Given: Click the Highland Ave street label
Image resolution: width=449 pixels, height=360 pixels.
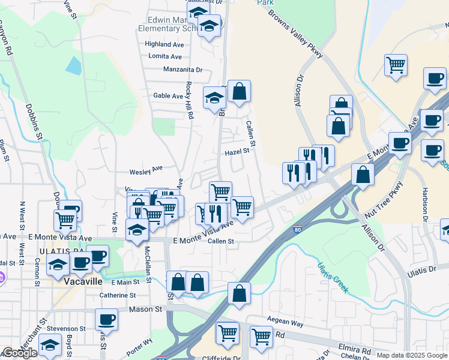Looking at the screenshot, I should (164, 44).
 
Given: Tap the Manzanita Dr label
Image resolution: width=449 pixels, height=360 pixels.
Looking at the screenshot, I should (183, 70).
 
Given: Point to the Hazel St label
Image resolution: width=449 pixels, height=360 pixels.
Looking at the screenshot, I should (237, 152).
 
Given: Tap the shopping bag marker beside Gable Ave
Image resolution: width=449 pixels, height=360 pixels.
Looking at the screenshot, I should (239, 92).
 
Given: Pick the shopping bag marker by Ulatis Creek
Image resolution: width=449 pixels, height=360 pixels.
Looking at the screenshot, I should (239, 293).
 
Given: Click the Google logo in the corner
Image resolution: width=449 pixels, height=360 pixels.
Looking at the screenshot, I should (20, 353).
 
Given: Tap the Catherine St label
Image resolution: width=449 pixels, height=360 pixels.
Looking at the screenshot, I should (118, 295).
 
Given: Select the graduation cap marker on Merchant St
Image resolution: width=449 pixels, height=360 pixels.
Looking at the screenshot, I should (50, 345).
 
